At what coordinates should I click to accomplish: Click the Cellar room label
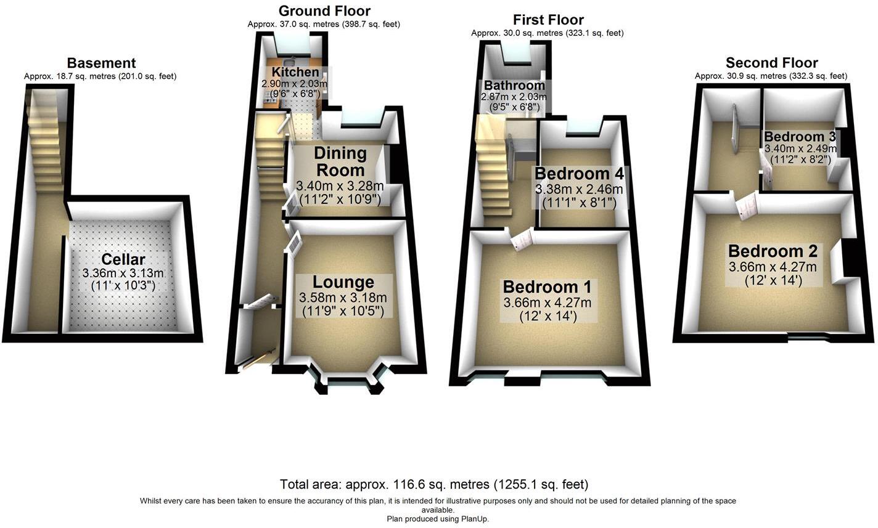123,259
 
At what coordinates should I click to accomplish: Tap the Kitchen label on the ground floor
291,73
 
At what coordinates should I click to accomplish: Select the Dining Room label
340,161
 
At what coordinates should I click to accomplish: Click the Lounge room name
343,282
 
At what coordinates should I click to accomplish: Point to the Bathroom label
514,86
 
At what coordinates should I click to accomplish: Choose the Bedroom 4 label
579,173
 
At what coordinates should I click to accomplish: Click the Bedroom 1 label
547,286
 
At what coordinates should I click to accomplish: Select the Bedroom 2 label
773,251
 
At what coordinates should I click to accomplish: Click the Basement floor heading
101,63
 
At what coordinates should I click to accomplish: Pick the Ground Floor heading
324,10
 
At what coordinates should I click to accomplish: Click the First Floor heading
548,20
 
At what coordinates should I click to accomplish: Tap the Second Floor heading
771,63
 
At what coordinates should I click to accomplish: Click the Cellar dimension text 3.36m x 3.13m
123,273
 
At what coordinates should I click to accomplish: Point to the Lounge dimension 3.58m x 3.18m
343,298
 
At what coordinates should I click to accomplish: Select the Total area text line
433,484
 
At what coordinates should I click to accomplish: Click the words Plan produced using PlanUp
438,519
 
